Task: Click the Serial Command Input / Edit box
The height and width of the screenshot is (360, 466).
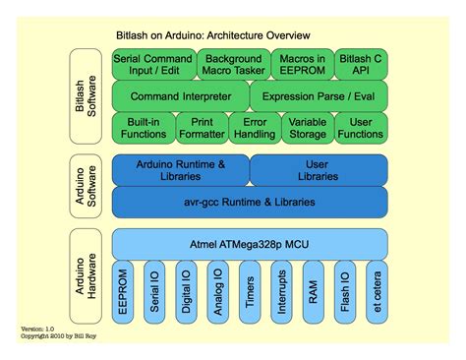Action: [152, 66]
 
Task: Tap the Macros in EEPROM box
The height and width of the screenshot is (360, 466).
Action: [298, 66]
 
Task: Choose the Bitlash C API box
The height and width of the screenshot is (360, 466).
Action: [361, 66]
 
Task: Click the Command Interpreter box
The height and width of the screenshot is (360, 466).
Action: [180, 97]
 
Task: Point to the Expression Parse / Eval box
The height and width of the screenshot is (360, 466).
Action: [319, 97]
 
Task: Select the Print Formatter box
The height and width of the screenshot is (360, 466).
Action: [201, 126]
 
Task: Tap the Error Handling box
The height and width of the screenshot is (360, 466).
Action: [252, 126]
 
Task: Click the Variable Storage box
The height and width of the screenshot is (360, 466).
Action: [307, 126]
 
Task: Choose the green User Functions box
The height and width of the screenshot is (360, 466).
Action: [361, 126]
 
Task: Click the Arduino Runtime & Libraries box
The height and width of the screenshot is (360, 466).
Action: [180, 170]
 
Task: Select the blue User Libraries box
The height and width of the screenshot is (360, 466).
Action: [319, 170]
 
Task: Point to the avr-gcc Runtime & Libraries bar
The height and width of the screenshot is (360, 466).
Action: [250, 202]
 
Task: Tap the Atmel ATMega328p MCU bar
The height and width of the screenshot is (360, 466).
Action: [250, 242]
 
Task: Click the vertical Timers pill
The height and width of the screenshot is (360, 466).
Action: [250, 292]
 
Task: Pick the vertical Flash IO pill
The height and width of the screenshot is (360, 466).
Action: [344, 292]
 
